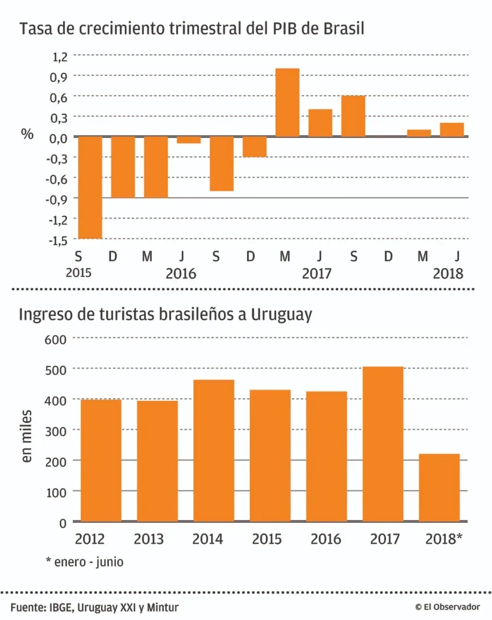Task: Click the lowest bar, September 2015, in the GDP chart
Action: tap(90, 187)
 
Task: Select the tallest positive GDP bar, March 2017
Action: tap(287, 102)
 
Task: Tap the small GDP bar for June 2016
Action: tap(189, 140)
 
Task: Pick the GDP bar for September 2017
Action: tap(353, 116)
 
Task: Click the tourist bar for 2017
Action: tap(383, 444)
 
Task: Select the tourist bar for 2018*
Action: tap(439, 487)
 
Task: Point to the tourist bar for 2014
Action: tap(214, 450)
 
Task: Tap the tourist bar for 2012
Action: tap(101, 460)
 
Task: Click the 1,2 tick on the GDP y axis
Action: tap(60, 57)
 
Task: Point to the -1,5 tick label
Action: tap(58, 240)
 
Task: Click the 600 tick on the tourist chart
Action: tap(56, 340)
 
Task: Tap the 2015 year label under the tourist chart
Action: tap(267, 539)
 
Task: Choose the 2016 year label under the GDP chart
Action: tap(181, 273)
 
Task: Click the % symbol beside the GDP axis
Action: tap(27, 134)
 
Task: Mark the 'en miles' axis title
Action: tap(26, 436)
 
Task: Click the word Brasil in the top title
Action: tap(344, 28)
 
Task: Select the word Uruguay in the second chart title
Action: tap(282, 315)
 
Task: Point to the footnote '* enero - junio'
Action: tap(85, 562)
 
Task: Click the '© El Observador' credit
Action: tap(447, 607)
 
